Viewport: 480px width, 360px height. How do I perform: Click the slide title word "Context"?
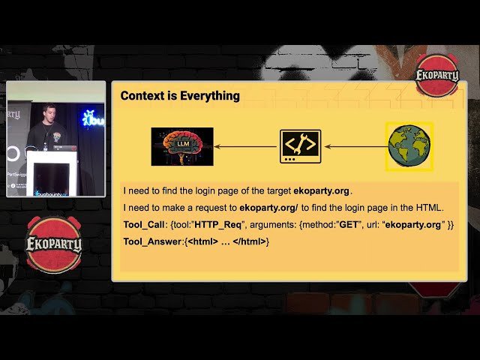pyautogui.click(x=142, y=96)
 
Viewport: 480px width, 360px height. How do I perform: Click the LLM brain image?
pyautogui.click(x=182, y=146)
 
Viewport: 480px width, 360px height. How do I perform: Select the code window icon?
pyautogui.click(x=300, y=146)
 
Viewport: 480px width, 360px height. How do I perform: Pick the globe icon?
pyautogui.click(x=409, y=145)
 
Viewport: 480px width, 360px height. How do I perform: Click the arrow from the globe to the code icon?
pyautogui.click(x=355, y=146)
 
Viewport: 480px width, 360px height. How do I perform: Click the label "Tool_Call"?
pyautogui.click(x=144, y=225)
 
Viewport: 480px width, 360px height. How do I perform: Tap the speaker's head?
pyautogui.click(x=49, y=112)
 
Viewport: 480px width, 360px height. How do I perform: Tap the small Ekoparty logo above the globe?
pyautogui.click(x=436, y=76)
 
